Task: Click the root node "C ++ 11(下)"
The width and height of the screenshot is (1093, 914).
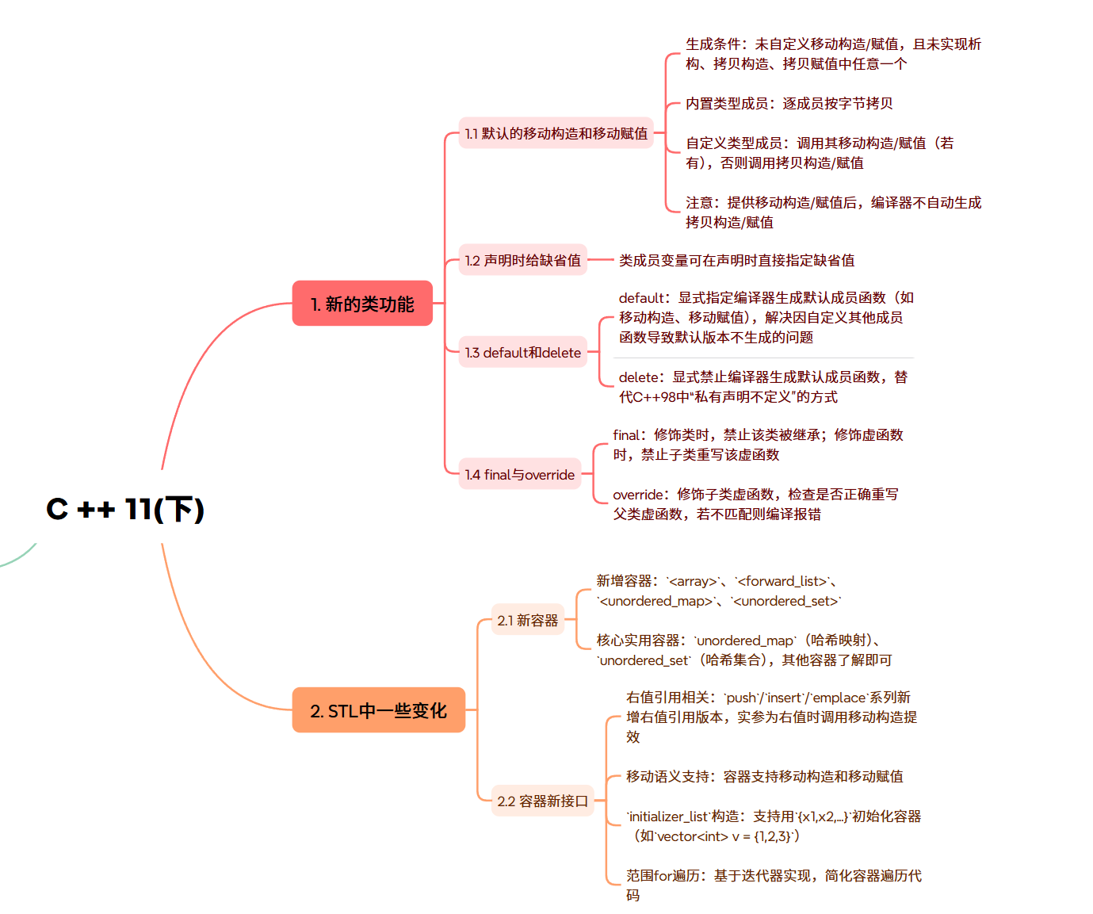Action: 125,509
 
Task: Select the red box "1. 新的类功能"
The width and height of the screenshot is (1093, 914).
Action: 362,304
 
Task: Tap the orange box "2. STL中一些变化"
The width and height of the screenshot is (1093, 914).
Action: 378,710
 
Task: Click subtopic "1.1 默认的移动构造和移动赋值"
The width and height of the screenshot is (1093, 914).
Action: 556,133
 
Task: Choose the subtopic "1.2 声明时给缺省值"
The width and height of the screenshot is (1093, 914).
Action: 522,260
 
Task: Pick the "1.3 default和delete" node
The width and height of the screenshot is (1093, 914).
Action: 522,353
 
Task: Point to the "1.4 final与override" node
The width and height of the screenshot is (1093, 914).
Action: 519,475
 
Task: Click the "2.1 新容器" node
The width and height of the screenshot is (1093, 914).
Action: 527,621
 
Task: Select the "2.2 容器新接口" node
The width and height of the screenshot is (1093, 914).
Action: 542,801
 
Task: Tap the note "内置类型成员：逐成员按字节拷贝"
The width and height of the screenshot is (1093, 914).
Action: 789,104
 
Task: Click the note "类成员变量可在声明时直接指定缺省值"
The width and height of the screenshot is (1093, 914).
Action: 736,260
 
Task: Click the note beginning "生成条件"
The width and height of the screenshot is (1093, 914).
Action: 832,54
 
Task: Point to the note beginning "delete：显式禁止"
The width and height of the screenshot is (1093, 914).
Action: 762,387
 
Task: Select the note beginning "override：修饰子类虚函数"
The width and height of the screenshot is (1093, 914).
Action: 755,504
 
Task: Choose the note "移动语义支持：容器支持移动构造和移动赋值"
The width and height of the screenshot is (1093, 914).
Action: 764,777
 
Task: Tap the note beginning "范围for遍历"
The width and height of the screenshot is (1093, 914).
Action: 773,885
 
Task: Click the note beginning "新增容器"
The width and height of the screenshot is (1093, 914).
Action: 717,591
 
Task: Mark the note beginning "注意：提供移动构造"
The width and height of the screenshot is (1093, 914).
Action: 832,212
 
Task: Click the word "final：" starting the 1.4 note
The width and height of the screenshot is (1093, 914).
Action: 630,435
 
